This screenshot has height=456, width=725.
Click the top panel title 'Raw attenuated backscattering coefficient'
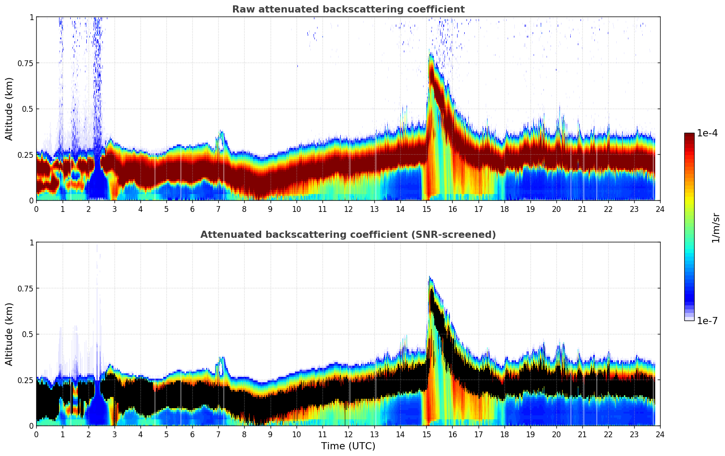[348, 9]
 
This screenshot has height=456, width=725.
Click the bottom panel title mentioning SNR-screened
[348, 235]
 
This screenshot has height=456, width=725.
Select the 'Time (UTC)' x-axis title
[348, 446]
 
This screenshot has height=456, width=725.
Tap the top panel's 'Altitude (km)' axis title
[9, 109]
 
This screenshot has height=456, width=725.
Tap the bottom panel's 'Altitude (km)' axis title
[9, 334]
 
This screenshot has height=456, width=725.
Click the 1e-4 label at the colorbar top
[707, 133]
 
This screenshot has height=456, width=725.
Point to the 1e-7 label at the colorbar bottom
[707, 321]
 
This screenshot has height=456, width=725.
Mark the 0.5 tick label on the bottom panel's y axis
[28, 334]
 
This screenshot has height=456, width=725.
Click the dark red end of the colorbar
[689, 136]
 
